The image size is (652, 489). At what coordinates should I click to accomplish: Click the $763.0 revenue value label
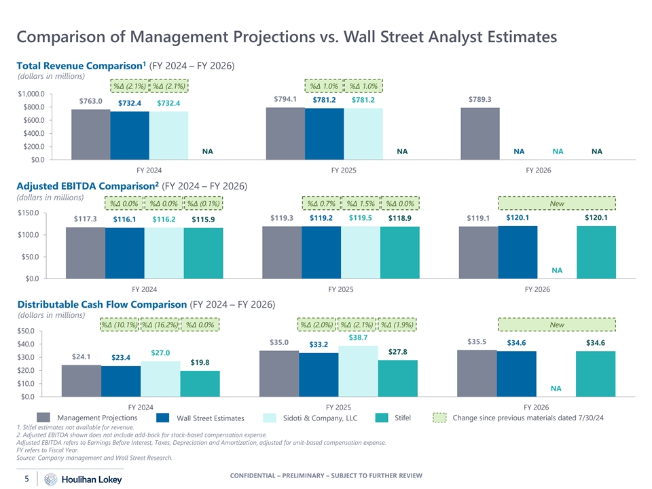click(x=90, y=101)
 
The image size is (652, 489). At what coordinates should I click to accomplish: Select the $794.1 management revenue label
click(x=285, y=99)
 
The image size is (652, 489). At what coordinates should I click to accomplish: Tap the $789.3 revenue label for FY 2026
click(x=479, y=99)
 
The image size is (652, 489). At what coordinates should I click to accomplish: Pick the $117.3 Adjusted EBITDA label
click(x=86, y=219)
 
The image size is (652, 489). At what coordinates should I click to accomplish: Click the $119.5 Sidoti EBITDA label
click(x=360, y=218)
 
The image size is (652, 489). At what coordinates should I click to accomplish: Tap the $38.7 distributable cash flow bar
click(x=358, y=371)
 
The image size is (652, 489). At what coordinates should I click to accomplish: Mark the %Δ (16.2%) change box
click(x=160, y=325)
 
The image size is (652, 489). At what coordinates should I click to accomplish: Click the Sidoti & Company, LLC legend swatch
click(x=270, y=417)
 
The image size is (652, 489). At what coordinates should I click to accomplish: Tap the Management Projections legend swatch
click(x=44, y=417)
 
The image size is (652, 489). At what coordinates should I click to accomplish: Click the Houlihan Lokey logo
click(x=83, y=479)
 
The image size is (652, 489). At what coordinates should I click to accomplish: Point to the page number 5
click(x=26, y=479)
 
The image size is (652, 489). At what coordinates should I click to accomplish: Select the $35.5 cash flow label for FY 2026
click(x=478, y=342)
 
